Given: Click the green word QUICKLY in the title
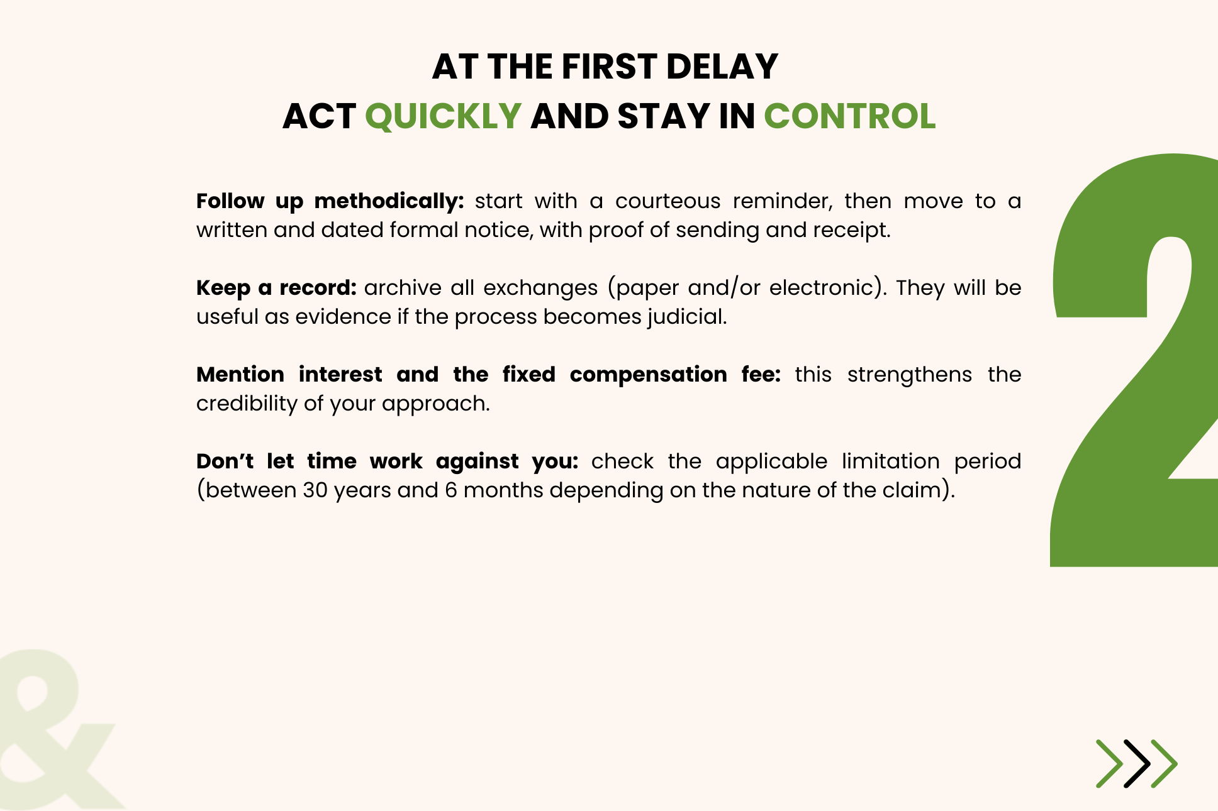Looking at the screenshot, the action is (x=443, y=117).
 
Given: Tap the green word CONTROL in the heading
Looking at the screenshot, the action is (x=849, y=117).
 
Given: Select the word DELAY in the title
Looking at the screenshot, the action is (x=722, y=67).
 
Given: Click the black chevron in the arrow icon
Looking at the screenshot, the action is (x=1137, y=764).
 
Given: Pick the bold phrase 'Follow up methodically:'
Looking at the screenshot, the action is (x=330, y=202).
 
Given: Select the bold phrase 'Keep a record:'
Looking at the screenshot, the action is (x=276, y=288).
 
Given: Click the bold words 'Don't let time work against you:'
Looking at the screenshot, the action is (x=387, y=462).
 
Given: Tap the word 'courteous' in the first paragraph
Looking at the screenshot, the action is (x=668, y=201).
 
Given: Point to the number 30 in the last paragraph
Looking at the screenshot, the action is (x=315, y=490).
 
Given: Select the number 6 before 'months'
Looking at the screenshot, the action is (x=451, y=490).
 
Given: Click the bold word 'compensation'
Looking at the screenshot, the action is (x=649, y=375).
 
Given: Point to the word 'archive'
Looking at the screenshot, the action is (x=403, y=288).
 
